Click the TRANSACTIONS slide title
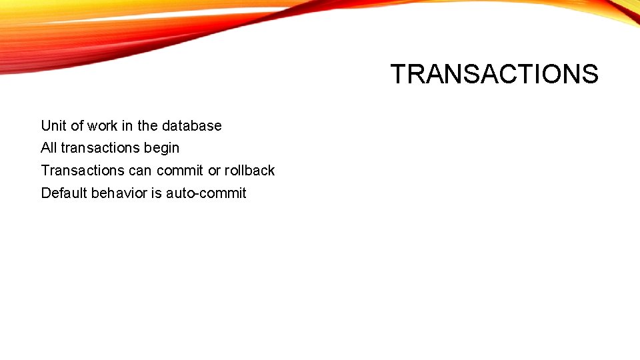click(494, 74)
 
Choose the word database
click(191, 126)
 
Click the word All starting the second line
click(49, 148)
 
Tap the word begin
click(161, 149)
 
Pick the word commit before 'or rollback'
click(180, 171)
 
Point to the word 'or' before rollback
click(214, 171)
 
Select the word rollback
click(249, 171)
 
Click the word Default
click(64, 193)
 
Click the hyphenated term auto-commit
click(206, 193)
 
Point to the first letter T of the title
click(398, 74)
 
